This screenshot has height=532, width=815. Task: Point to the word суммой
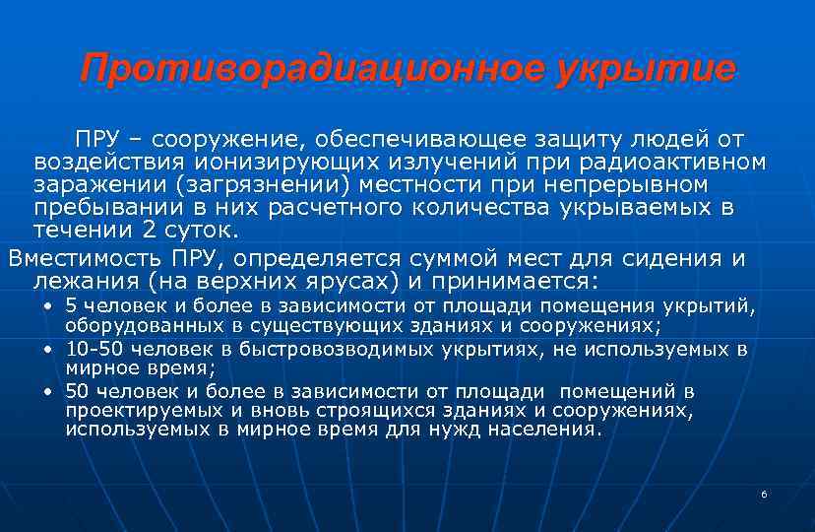pos(475,258)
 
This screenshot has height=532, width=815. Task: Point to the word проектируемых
pos(127,412)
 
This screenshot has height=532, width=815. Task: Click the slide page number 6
pos(763,493)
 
